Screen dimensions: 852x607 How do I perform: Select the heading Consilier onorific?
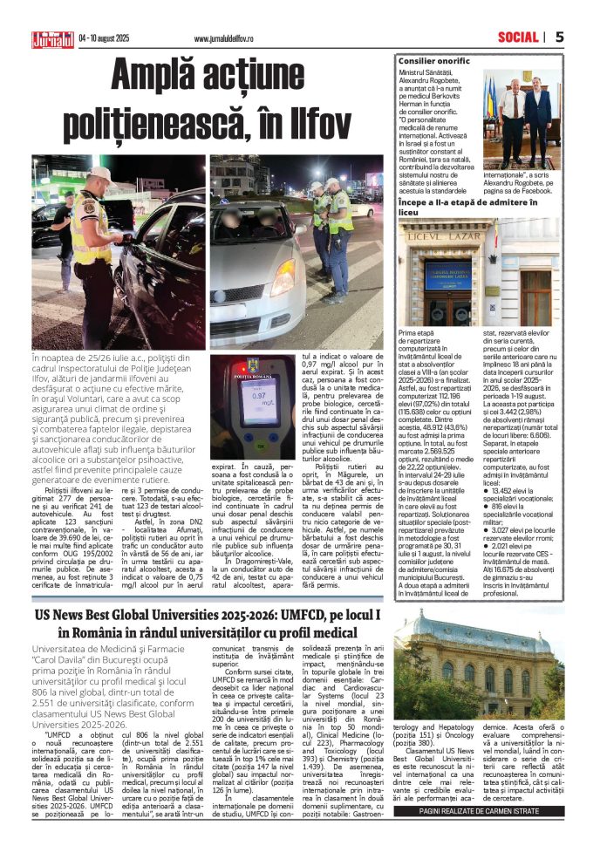(x=433, y=61)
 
